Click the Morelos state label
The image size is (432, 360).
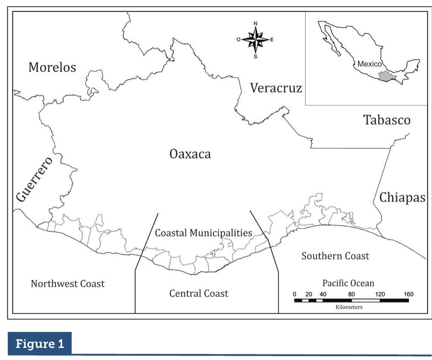point(52,67)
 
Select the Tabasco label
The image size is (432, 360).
point(386,120)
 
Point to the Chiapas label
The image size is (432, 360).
point(403,197)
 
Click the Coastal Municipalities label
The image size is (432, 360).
point(203,233)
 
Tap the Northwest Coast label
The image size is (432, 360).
point(68,284)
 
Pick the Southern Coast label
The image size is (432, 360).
point(335,256)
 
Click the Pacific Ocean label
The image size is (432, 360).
point(348,284)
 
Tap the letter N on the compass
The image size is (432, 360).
point(255,23)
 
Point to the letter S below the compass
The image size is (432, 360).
point(256,56)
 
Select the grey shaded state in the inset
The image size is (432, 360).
point(384,77)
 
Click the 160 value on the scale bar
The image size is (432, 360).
point(408,294)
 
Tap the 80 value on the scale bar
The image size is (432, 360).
point(351,294)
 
